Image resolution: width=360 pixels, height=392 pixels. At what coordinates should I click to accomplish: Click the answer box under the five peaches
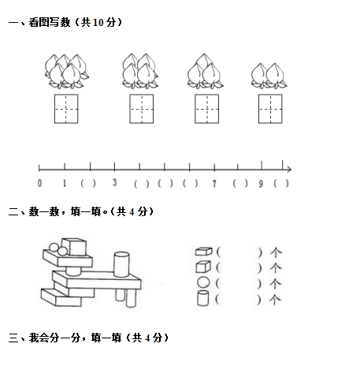point(66,109)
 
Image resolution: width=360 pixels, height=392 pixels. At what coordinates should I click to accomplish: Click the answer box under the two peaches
point(270,109)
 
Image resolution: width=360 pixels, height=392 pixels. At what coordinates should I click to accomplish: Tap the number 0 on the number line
point(39,183)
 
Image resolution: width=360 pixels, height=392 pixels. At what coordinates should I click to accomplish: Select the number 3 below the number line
point(115,182)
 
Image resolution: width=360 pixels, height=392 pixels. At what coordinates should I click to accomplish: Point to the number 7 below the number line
point(214,184)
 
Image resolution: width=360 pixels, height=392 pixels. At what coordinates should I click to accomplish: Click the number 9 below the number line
point(261,184)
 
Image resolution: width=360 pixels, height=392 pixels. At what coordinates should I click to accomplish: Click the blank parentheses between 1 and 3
point(88,183)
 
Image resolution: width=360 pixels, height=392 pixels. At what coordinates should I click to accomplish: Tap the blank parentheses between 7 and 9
point(240,183)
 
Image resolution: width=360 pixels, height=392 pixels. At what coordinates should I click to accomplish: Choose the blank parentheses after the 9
point(281,183)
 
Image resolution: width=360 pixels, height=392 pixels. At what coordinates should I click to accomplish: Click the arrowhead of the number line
point(289,170)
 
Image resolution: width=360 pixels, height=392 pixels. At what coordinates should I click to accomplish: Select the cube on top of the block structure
point(74,247)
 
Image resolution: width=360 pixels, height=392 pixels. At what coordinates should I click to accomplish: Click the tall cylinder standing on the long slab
point(121,264)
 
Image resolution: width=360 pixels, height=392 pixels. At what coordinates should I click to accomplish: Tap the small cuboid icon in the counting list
point(204,252)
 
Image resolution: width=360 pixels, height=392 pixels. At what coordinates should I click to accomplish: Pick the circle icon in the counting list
point(203,282)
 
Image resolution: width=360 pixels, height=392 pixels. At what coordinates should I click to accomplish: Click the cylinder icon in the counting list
point(202,298)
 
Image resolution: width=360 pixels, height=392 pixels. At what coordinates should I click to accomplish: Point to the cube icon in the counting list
point(203,267)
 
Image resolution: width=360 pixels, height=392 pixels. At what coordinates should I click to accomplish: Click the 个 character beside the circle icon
point(276,283)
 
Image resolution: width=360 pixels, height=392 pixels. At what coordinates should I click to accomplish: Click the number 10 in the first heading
point(98,23)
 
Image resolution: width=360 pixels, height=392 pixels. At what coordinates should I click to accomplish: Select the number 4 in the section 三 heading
point(147,338)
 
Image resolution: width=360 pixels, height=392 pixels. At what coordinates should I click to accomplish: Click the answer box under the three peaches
point(206,109)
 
